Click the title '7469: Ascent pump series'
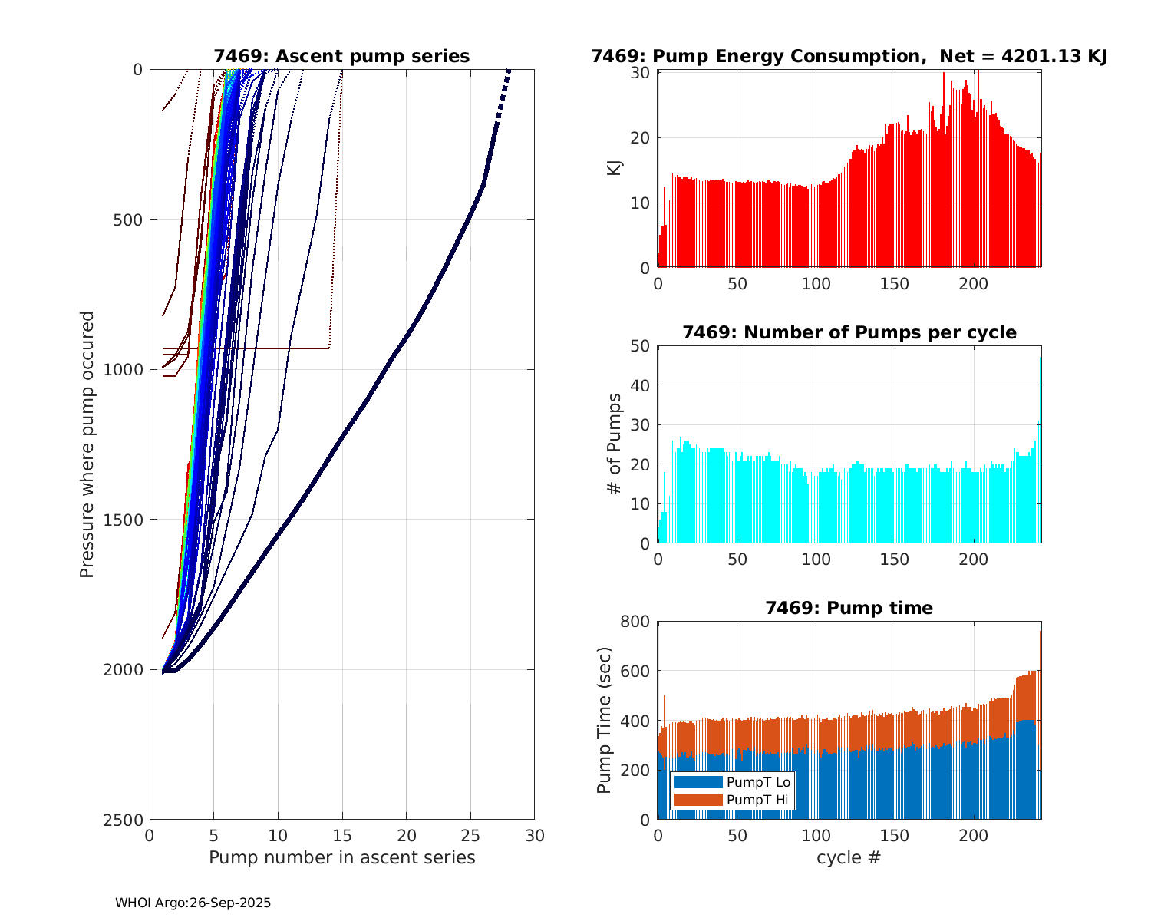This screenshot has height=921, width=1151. pos(341,56)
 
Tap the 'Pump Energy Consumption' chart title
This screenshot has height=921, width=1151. pos(849,56)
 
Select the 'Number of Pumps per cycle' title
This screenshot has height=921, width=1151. pos(849,332)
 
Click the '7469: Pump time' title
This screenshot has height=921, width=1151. pos(849,608)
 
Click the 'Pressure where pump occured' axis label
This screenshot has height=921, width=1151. pos(87,444)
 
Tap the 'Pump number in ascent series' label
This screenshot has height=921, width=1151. pos(341,857)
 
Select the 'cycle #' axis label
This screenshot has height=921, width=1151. pos(849,857)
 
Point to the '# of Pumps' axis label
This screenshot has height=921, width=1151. pos(615,444)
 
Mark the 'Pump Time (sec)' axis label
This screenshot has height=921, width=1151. pos(605,720)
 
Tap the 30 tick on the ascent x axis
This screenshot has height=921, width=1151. pos(534,835)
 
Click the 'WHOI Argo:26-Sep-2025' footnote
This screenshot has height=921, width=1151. pos(193,903)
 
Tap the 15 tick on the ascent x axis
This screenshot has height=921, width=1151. pos(342,835)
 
